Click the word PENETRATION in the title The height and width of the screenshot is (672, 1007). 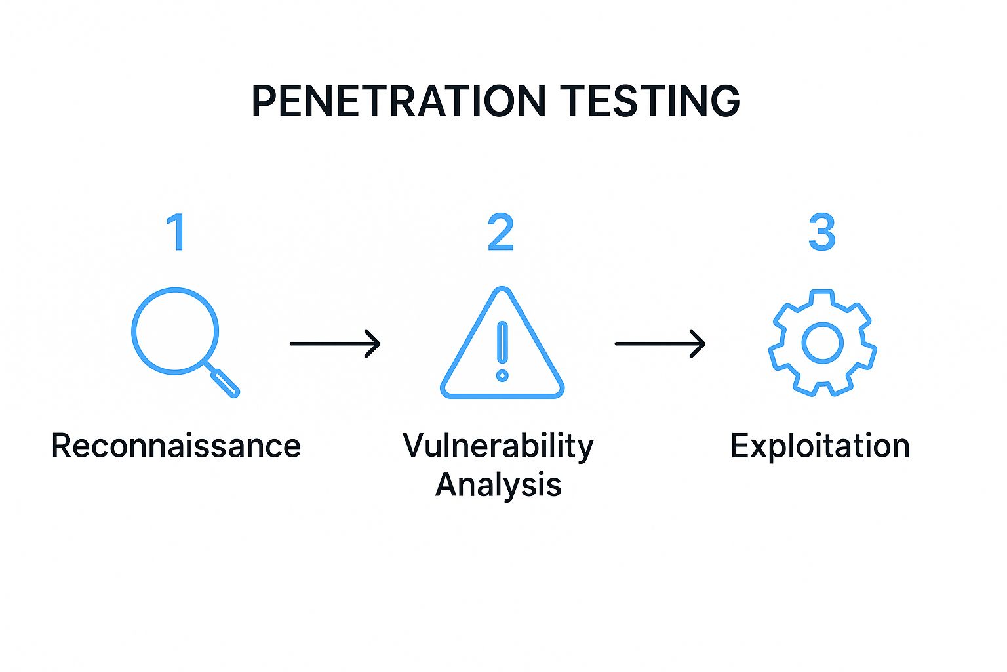(399, 101)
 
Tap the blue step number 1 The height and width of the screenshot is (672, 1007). (176, 232)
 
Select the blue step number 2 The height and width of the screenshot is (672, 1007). (501, 232)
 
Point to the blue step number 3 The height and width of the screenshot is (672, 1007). (821, 232)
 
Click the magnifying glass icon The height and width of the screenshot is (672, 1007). (176, 332)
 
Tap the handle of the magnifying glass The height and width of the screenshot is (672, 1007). (224, 382)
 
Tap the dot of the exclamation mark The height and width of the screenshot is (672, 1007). (502, 375)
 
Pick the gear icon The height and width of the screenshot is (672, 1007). (822, 343)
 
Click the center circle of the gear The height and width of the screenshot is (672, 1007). (822, 343)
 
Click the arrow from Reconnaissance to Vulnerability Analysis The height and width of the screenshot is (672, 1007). (334, 343)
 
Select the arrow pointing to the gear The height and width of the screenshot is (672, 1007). (660, 343)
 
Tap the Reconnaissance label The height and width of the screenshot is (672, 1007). (176, 446)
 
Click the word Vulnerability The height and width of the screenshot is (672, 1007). (498, 446)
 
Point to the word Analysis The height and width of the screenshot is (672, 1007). (498, 486)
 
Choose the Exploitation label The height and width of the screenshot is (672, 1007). (819, 446)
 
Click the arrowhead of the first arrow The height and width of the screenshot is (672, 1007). (374, 343)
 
